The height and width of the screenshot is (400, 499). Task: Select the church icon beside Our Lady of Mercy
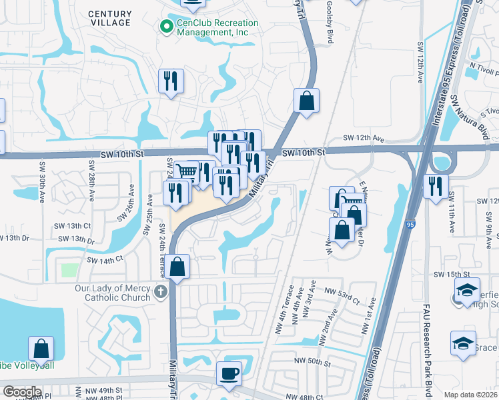point(160,291)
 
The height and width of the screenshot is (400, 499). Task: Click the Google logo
point(22,392)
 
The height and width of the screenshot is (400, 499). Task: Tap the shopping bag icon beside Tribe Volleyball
point(41,347)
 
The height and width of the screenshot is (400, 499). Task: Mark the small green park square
point(69,271)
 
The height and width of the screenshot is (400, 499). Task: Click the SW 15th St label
point(448,274)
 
